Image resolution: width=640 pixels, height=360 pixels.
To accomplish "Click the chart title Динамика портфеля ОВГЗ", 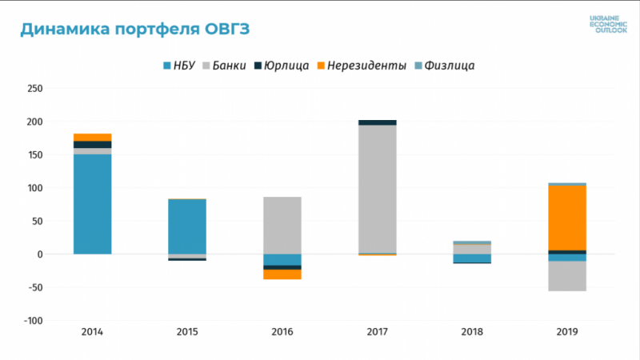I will pyautogui.click(x=134, y=30).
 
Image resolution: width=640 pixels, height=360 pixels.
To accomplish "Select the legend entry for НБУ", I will pyautogui.click(x=182, y=65).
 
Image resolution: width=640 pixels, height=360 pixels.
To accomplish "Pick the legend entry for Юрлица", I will pyautogui.click(x=282, y=65).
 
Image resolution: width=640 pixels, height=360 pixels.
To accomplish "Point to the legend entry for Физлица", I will pyautogui.click(x=445, y=65).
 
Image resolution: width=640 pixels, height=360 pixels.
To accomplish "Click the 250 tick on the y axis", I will pyautogui.click(x=34, y=89).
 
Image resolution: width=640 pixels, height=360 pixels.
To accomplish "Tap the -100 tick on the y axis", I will pyautogui.click(x=33, y=321).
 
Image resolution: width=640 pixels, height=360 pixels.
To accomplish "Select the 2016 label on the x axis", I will pyautogui.click(x=282, y=331).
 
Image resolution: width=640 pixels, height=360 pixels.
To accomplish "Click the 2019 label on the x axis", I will pyautogui.click(x=567, y=331).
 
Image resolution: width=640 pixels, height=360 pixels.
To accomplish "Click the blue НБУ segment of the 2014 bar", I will pyautogui.click(x=93, y=204).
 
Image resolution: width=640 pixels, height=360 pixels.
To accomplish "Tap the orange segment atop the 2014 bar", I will pyautogui.click(x=93, y=137).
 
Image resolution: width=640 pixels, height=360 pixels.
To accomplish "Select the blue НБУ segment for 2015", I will pyautogui.click(x=187, y=226).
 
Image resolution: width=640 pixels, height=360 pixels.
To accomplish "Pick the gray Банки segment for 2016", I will pyautogui.click(x=282, y=225).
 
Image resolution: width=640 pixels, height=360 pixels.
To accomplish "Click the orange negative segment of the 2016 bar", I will pyautogui.click(x=282, y=274).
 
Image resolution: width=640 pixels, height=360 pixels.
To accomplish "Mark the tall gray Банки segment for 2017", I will pyautogui.click(x=378, y=189).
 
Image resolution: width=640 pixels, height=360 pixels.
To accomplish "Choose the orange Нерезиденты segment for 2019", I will pyautogui.click(x=567, y=217).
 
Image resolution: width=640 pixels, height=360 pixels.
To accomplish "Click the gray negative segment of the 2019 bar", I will pyautogui.click(x=567, y=276).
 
